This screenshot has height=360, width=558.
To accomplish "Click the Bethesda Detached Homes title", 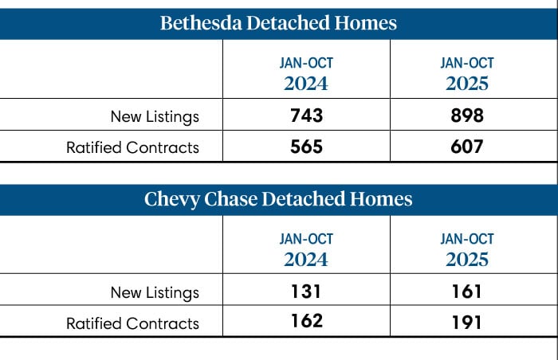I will click(x=278, y=23).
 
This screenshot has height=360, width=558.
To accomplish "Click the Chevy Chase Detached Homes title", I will click(x=278, y=199).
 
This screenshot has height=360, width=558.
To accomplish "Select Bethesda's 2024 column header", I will click(x=306, y=73).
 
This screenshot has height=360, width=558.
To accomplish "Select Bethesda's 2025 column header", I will click(x=466, y=73).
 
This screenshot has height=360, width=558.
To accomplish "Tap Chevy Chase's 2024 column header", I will click(x=306, y=249).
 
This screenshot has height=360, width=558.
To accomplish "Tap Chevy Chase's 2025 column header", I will click(x=466, y=249).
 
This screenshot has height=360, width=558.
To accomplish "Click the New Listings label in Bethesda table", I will click(x=155, y=117).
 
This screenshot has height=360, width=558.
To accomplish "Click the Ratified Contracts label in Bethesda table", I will click(x=132, y=147).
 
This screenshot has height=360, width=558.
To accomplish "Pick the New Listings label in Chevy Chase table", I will click(x=155, y=292).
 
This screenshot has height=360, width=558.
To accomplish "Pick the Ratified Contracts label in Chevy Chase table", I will click(x=132, y=323).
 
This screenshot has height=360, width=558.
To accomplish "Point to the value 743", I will click(x=306, y=116).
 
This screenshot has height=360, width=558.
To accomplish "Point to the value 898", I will click(x=466, y=116).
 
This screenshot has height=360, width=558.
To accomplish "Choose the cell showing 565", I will click(x=306, y=147).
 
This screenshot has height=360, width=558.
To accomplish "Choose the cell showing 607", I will click(x=466, y=147).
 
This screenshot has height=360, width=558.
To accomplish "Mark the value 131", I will click(x=306, y=292).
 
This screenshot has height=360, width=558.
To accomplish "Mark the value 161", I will click(x=466, y=292).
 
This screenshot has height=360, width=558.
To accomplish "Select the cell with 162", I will click(x=306, y=321).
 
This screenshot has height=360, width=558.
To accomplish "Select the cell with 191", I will click(x=466, y=322).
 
